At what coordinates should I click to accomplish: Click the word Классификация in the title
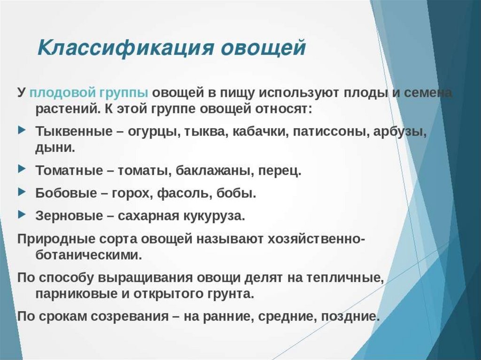coord(125,48)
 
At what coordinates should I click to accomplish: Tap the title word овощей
coord(264,48)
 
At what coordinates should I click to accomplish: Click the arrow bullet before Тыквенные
coord(22,130)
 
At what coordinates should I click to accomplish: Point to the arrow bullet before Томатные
coord(22,169)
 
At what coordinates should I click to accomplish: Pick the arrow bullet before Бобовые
coord(22,191)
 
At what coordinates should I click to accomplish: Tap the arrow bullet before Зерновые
coord(22,214)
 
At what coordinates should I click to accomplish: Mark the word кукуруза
coord(214,216)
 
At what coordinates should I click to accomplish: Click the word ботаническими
coord(89,255)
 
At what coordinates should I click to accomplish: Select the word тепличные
coord(345,278)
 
